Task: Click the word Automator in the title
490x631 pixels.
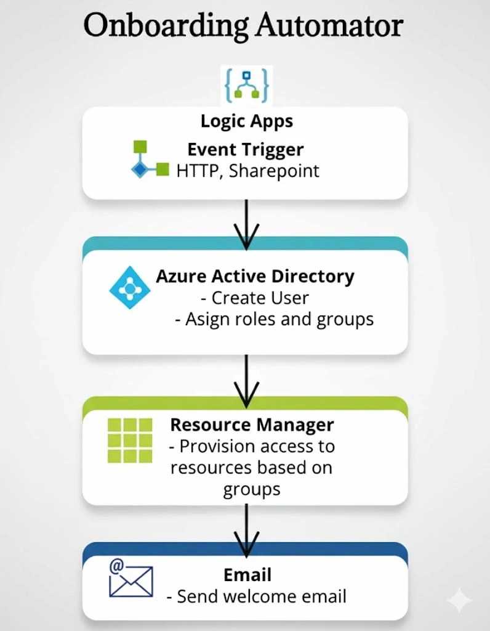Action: (x=329, y=26)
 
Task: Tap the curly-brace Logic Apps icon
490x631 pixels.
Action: (x=247, y=86)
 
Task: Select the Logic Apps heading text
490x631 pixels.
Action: (x=246, y=121)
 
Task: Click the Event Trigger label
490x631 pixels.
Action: (x=246, y=150)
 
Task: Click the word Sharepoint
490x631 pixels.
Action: (x=274, y=171)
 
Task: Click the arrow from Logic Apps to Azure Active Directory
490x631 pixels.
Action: (x=246, y=225)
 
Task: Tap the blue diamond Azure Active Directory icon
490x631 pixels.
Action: (x=129, y=288)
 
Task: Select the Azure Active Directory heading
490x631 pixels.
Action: (x=255, y=276)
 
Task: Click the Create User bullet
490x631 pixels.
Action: (x=255, y=298)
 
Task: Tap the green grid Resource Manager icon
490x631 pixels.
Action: (x=129, y=440)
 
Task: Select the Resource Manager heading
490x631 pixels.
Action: (x=252, y=425)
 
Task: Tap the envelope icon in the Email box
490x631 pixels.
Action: (x=130, y=580)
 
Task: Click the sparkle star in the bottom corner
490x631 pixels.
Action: (x=459, y=601)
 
